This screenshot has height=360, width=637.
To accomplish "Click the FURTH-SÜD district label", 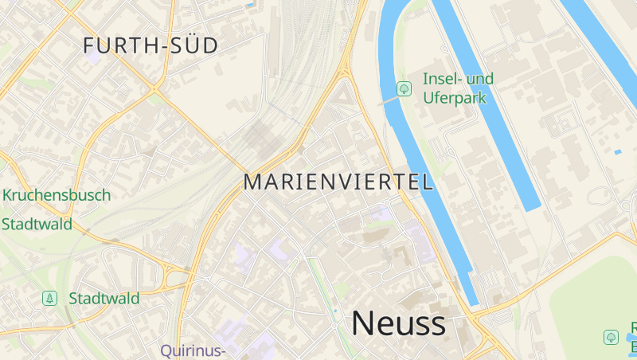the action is click(x=150, y=46).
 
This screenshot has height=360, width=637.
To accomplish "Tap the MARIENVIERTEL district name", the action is click(x=338, y=182).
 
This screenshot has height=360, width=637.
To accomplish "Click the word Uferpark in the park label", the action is click(x=453, y=98).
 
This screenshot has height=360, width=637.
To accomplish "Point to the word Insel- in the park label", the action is click(x=441, y=79).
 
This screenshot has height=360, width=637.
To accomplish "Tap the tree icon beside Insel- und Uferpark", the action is click(x=404, y=88).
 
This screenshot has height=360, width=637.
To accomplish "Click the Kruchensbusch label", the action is click(x=57, y=195).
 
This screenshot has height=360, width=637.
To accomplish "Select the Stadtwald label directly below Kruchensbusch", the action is click(x=37, y=224).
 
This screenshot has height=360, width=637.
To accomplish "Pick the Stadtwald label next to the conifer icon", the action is click(x=104, y=299).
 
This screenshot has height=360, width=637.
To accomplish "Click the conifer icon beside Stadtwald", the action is click(x=50, y=298).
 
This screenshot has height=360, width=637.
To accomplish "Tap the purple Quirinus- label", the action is click(x=193, y=350).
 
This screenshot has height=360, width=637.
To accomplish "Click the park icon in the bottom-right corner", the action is click(x=611, y=337).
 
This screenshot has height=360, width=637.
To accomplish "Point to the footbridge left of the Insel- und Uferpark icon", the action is click(x=387, y=102).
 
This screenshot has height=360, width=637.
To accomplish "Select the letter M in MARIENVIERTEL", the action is click(x=252, y=182).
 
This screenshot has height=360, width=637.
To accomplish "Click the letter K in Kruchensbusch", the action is click(x=8, y=195).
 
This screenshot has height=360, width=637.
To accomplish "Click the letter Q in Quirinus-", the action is click(x=166, y=350).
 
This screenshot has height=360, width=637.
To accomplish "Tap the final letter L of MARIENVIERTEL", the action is click(x=428, y=182).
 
